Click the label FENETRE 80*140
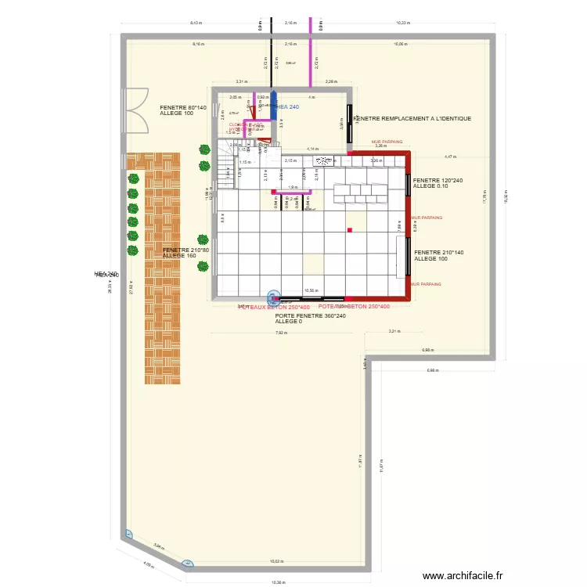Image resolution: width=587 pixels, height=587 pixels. (x=182, y=107)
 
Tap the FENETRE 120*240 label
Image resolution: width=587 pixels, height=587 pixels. (x=438, y=180)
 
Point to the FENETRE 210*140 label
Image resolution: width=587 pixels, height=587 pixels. (x=439, y=253)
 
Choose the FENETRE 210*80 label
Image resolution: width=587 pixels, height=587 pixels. (x=185, y=250)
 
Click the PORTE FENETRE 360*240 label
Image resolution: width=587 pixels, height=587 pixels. (x=311, y=315)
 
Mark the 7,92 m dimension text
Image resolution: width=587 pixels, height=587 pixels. (x=281, y=333)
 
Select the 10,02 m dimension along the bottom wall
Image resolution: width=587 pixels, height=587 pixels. (x=276, y=561)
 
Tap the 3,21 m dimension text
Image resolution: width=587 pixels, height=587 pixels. (x=394, y=331)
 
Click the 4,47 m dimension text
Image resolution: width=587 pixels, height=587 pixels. (x=450, y=157)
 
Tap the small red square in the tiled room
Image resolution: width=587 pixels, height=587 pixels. (x=350, y=229)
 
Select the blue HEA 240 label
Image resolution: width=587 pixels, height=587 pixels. (x=286, y=106)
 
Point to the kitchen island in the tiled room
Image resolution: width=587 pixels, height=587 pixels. (x=360, y=193)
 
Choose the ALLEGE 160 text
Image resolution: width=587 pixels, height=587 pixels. (x=179, y=256)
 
